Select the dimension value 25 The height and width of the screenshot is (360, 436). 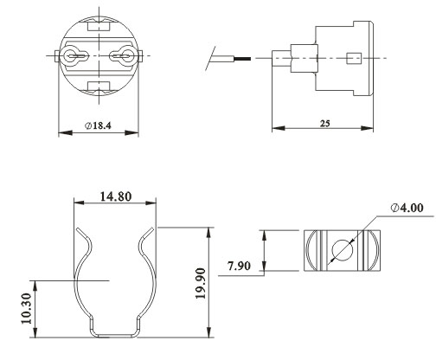(324, 124)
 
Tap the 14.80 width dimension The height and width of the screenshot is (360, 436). (114, 196)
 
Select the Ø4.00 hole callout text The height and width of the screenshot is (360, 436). (407, 208)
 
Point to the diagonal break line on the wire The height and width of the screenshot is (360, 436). (211, 59)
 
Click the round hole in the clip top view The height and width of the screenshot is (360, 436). (342, 249)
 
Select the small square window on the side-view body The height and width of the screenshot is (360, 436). (351, 59)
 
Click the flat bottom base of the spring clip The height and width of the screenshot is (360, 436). (114, 332)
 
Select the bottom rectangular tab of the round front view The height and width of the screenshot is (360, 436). (98, 87)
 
